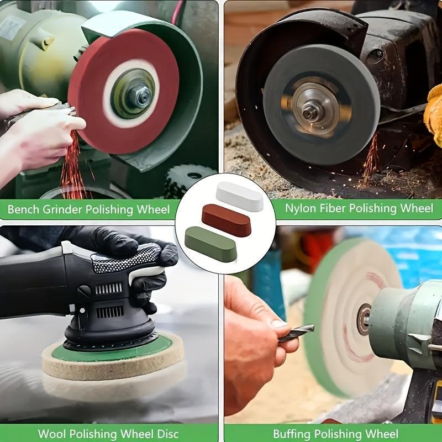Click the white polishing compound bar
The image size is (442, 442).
[240, 196]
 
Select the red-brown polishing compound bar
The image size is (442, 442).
[227, 220]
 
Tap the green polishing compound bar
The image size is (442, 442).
[211, 244]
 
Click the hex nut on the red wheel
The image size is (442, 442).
[140, 97]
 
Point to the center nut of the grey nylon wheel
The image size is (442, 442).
[310, 113]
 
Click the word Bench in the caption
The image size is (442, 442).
[23, 209]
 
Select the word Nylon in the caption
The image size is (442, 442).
[301, 209]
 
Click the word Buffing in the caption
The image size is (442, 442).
[292, 434]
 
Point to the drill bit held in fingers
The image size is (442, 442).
[296, 333]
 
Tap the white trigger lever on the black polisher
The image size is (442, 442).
[146, 274]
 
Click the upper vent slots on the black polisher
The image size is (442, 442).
[108, 288]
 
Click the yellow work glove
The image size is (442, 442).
[434, 113]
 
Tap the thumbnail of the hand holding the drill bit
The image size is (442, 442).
[278, 323]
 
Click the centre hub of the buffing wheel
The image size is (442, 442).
[364, 319]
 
